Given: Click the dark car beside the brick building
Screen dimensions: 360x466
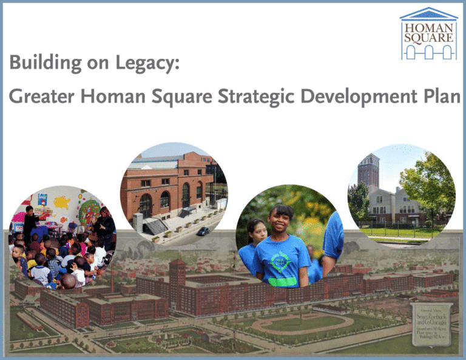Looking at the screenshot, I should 203,231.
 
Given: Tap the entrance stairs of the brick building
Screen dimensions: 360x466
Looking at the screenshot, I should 155,226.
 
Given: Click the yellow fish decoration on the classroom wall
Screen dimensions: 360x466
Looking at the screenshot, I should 61,202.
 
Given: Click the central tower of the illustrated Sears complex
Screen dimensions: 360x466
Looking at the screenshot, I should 177,276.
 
